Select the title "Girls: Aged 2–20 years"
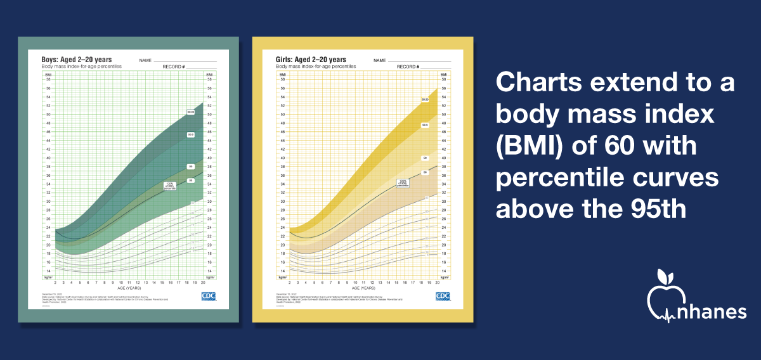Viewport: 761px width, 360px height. click(310, 60)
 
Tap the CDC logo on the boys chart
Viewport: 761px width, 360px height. click(209, 296)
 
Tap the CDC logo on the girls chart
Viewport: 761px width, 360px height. click(443, 296)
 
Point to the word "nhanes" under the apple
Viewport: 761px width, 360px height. click(708, 311)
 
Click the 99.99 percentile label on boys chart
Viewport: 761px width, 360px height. click(190, 112)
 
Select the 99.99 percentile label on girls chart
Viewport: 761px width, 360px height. click(425, 100)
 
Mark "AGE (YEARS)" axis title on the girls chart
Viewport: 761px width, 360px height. click(363, 288)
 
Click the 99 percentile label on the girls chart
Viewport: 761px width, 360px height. click(425, 157)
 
